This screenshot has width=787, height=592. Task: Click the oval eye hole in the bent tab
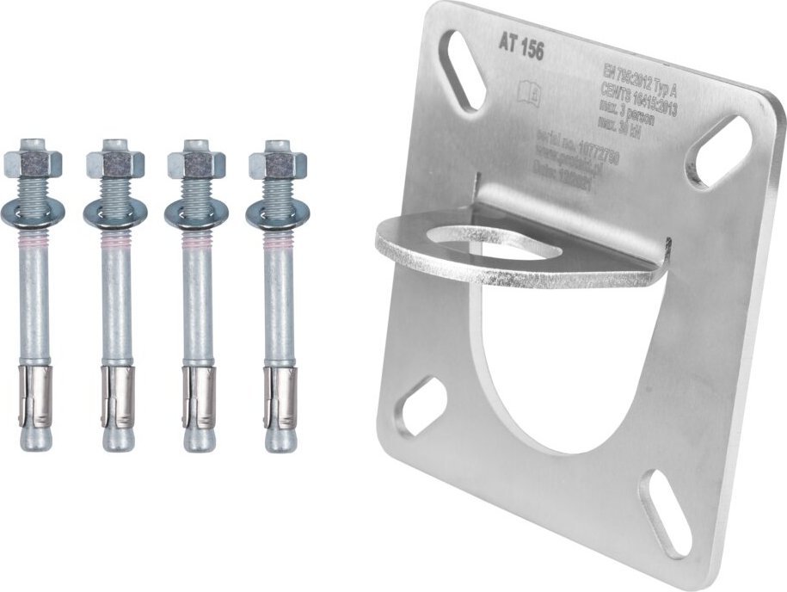[x=499, y=244]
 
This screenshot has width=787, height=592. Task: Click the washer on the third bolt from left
[x=195, y=214]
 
